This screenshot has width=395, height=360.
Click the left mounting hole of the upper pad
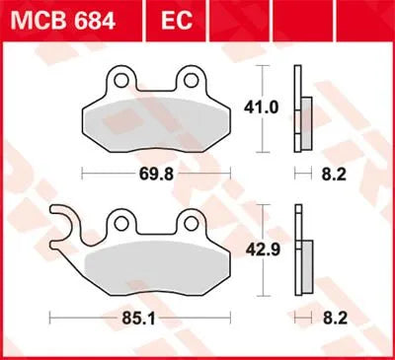coord(120,77)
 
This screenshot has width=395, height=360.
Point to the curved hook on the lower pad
coord(61,219)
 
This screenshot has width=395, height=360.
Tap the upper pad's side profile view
coord(300,108)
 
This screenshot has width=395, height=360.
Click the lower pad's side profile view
coord(300,252)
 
